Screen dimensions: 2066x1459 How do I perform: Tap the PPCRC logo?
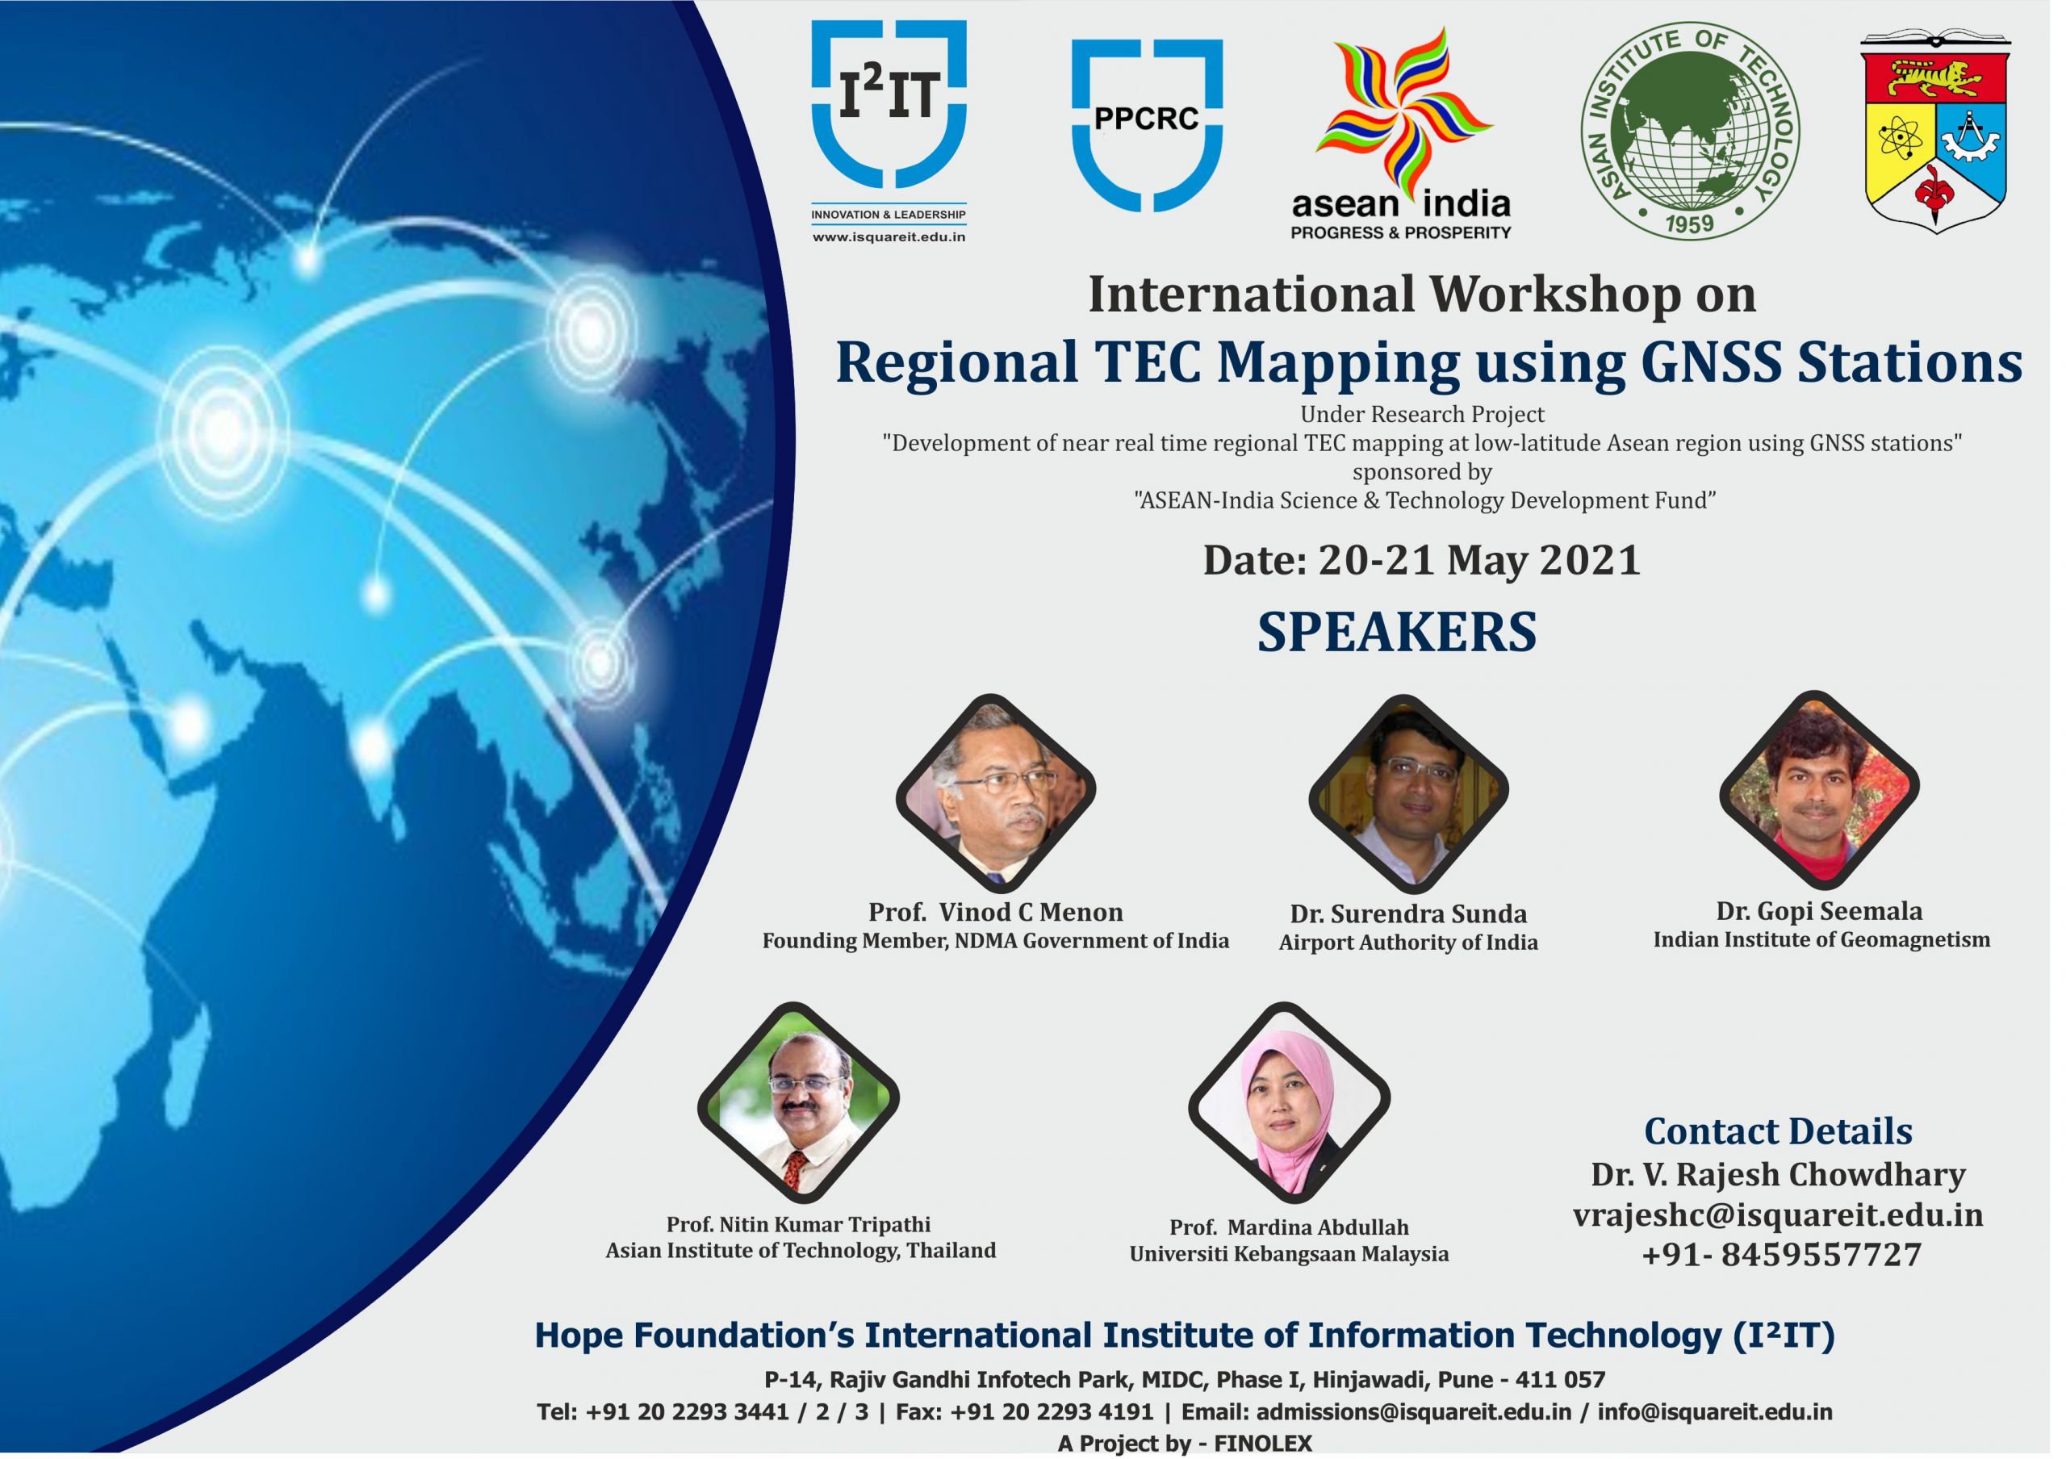coord(1148,125)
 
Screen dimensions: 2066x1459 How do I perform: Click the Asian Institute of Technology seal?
coord(1691,131)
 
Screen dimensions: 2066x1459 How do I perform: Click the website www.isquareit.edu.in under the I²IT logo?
coord(889,237)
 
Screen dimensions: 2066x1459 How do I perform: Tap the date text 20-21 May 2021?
coord(1479,560)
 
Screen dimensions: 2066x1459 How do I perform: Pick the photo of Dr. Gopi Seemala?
coord(1819,790)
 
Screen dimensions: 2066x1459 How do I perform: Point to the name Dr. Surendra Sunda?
coord(1408,914)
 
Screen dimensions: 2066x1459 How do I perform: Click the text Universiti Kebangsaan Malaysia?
coord(1290,1254)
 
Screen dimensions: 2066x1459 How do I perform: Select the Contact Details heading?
coord(1778,1131)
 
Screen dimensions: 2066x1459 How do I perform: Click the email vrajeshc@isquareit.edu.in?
coord(1778,1215)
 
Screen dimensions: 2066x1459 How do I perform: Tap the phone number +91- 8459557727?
coord(1782,1255)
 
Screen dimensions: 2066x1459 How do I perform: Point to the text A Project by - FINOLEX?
coord(1185,1444)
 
